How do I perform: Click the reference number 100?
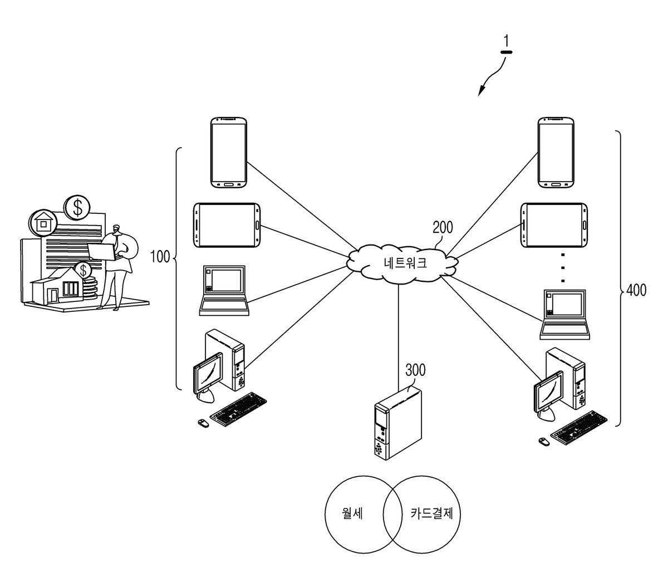coord(160,257)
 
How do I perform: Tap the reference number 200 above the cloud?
coord(443,227)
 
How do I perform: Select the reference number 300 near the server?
coord(415,370)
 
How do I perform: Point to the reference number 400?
coord(636,290)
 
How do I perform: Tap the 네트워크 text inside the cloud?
coord(405,263)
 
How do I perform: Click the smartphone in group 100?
coord(229,153)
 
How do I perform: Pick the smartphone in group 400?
coord(556,153)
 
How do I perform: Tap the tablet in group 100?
coord(227,225)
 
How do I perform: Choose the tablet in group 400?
coord(554,225)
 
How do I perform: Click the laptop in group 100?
coord(224,290)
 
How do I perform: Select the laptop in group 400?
coord(564,314)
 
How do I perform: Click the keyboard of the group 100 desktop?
coord(238,409)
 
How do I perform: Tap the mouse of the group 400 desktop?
coord(544,442)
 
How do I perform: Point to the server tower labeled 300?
coord(399,423)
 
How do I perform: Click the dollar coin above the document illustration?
coord(77,207)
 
